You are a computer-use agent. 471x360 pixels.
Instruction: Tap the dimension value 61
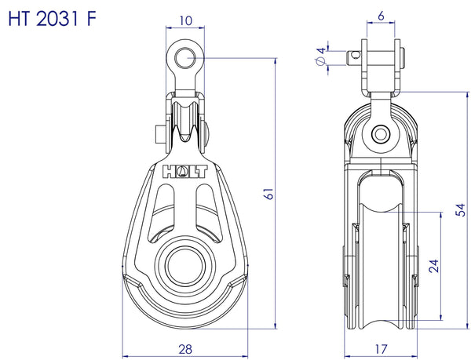(268, 193)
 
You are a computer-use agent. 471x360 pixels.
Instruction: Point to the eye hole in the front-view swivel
(186, 56)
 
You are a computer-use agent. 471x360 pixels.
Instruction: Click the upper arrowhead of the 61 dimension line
(276, 60)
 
